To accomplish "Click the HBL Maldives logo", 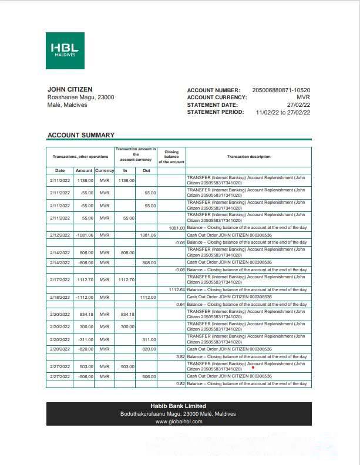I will [65, 51].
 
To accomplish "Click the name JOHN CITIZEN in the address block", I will [69, 89].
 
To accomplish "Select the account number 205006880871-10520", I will [281, 90].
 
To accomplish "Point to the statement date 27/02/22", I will [298, 105].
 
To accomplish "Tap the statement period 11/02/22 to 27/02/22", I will [283, 112].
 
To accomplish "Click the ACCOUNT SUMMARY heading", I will [80, 135].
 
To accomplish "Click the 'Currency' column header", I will [105, 170].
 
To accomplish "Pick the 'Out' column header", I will [146, 170].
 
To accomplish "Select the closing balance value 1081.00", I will [176, 227].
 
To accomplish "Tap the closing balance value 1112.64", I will [176, 289].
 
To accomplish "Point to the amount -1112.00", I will [85, 297].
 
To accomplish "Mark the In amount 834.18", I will [127, 314].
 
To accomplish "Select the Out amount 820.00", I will [149, 348].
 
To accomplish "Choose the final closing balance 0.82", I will [180, 383].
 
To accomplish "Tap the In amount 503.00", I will [127, 366].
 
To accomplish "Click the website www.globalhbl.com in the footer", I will [179, 421].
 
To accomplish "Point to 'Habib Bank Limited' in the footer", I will [179, 406].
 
